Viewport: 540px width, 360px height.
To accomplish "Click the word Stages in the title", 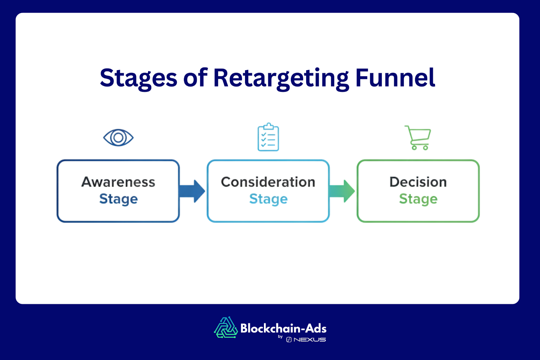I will tap(138, 78).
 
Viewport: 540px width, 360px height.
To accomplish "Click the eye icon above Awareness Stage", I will tap(118, 138).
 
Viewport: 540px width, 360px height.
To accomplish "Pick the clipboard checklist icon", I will tap(268, 137).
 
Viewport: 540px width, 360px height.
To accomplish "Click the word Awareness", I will tap(118, 182).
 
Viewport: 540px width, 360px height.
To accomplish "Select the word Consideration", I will tap(268, 182).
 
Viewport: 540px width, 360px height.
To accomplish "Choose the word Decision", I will tap(418, 182).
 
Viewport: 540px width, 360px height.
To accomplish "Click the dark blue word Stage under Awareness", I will tap(118, 199).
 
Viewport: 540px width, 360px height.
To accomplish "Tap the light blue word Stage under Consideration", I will tap(268, 199).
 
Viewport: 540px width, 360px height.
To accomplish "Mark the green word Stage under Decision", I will tap(418, 199).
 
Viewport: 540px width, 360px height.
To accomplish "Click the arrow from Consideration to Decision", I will tap(342, 191).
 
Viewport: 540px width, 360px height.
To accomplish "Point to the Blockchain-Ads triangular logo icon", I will tap(226, 328).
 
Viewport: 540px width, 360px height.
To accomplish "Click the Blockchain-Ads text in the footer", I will tap(283, 328).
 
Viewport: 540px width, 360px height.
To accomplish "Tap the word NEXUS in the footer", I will tap(309, 340).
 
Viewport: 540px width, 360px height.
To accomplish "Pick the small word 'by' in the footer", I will tap(280, 337).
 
